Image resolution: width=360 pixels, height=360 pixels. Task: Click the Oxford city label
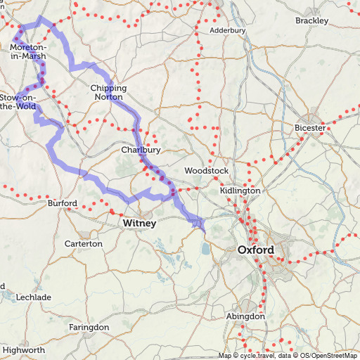tap(256, 250)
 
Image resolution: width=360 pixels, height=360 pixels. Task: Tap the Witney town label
tap(140, 223)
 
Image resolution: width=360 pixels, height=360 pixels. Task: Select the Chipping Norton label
tap(108, 92)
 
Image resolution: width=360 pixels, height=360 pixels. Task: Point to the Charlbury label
tap(141, 150)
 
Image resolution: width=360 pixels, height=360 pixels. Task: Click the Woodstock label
tap(206, 171)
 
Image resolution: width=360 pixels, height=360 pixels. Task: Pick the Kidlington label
tap(240, 191)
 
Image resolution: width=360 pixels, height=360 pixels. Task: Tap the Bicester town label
tap(310, 128)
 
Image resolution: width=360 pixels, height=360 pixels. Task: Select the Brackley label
tap(311, 20)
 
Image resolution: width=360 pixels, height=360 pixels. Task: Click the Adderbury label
tap(227, 31)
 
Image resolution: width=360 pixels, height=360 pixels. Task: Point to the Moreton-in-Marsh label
tap(28, 51)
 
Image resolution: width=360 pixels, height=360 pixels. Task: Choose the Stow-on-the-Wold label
tap(18, 101)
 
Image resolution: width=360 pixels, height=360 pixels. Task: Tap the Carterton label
tap(83, 243)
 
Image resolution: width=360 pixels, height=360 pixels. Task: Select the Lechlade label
tap(34, 297)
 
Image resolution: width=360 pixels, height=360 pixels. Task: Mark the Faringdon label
tap(89, 328)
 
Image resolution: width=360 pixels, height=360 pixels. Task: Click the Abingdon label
tap(245, 316)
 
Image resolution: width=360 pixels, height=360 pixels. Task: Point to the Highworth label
tap(24, 349)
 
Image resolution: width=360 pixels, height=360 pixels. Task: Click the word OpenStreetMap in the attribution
tap(333, 356)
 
